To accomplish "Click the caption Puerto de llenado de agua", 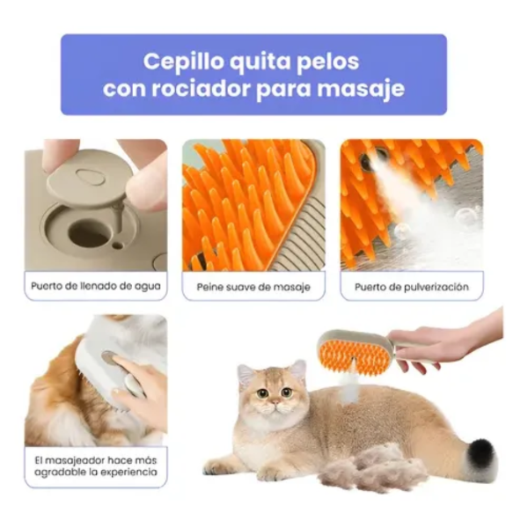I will point(95,286).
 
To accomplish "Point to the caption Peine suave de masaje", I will point(253,287).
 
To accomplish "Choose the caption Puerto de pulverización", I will point(412,287).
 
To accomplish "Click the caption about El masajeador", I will point(95,466).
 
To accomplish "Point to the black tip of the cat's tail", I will point(480,454).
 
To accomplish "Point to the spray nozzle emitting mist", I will point(367,159).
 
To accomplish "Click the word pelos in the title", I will point(326,62).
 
